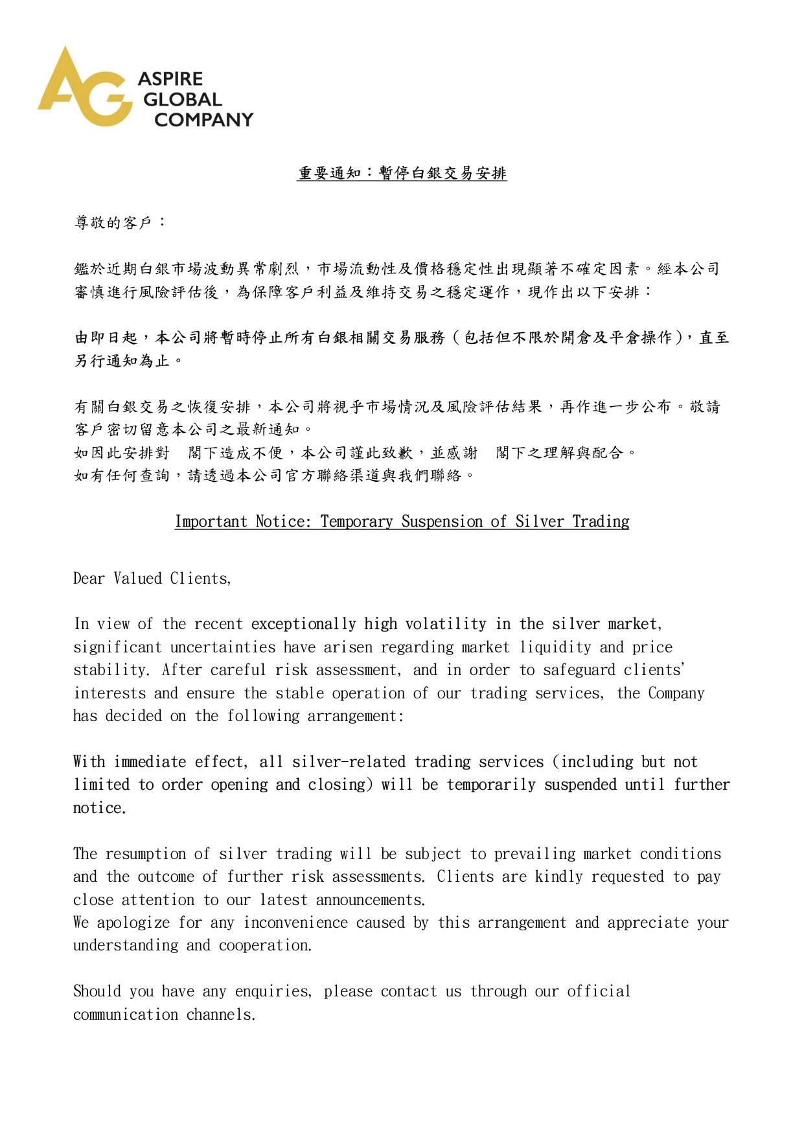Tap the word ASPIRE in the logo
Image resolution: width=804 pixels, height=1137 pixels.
pos(170,79)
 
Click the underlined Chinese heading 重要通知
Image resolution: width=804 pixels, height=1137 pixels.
pos(330,174)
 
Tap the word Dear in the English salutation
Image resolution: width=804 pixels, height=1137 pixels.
pos(89,579)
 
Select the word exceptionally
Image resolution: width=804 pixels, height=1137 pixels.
pos(303,624)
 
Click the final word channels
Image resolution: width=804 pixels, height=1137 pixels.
pos(221,1015)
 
